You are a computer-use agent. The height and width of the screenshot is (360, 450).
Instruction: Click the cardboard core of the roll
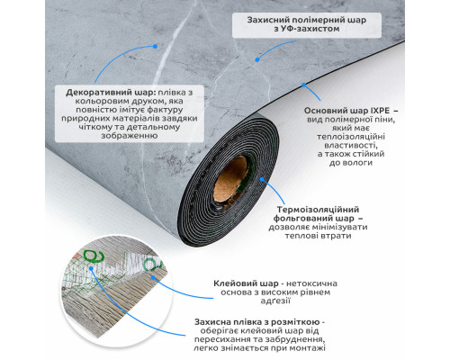(231, 183)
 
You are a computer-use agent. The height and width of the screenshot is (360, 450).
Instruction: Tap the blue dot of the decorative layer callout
(155, 47)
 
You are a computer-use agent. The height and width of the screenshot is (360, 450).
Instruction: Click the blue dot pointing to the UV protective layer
(257, 60)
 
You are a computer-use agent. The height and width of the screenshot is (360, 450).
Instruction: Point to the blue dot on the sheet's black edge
(304, 85)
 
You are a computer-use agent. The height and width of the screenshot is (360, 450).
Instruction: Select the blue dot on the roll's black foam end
(262, 179)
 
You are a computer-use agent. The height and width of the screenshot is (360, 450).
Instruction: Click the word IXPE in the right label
(380, 111)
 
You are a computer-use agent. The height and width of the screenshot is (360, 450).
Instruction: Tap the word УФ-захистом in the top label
(307, 29)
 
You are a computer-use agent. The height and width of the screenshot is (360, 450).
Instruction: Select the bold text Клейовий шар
(246, 283)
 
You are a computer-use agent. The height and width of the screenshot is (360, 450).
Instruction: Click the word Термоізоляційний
(318, 210)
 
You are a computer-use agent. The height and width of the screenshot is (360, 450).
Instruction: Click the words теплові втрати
(318, 236)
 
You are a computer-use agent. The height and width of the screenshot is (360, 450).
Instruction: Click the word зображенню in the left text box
(130, 136)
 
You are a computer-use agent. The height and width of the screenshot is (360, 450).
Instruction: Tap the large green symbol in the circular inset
(94, 256)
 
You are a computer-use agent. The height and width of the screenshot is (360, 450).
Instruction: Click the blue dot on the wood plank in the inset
(153, 277)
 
